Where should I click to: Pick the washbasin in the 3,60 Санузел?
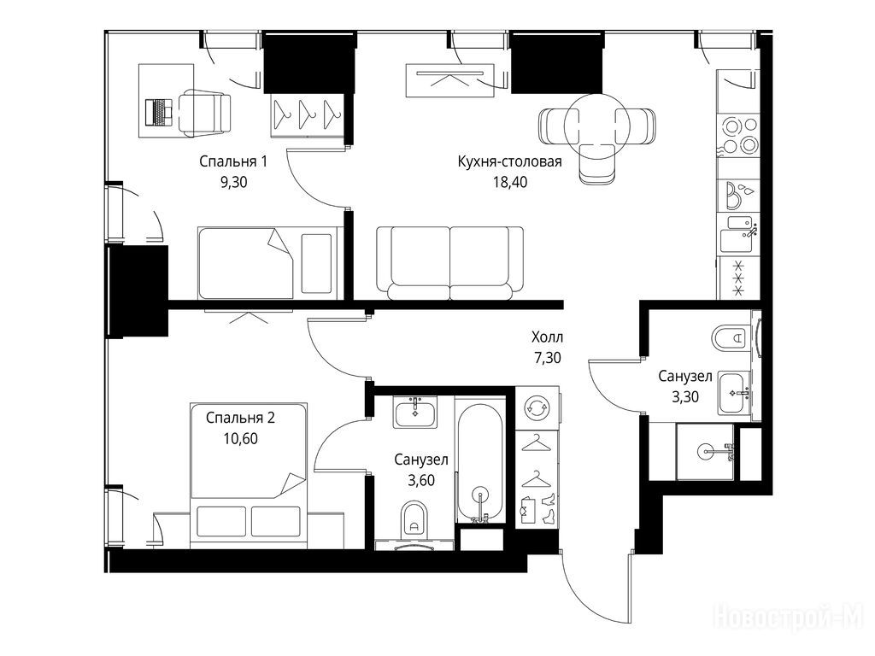coord(415,413)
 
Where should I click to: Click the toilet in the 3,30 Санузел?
coord(731,337)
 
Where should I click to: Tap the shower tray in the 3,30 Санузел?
coord(706,451)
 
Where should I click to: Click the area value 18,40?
coord(509,183)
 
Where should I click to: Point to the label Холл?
coord(547,337)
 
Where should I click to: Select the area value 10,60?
coord(240,439)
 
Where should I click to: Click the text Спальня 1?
coord(233,161)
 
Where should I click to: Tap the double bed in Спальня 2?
coord(249,475)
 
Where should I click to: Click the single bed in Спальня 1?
coord(271,263)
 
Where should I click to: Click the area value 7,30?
coord(548,358)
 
